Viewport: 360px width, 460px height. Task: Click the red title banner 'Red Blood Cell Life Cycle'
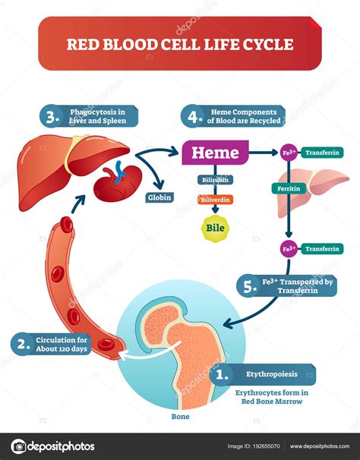point(180,44)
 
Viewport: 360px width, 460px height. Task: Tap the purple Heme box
point(215,153)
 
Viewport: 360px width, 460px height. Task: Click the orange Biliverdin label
point(214,201)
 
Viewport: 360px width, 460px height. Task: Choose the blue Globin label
point(159,197)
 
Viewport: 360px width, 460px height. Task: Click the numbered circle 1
point(221,373)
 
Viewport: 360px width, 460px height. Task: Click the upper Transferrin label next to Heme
point(324,153)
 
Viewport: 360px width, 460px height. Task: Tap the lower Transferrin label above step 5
point(324,248)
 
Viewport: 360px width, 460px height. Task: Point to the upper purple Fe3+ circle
point(289,153)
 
